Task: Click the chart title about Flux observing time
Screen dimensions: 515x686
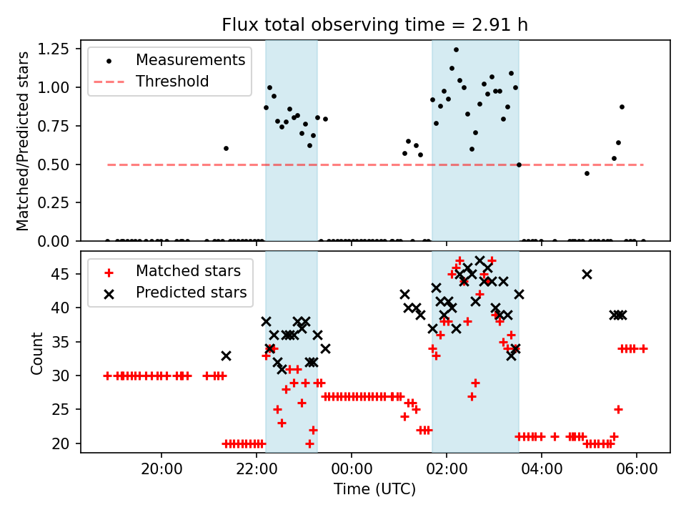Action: pos(375,25)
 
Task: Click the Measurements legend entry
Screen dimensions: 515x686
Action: pos(191,59)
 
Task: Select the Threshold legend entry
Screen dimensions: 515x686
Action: pos(172,82)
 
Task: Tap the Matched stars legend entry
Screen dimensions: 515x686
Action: pos(188,271)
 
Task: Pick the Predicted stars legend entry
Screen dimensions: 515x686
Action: pos(191,293)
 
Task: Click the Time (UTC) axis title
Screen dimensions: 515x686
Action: pos(375,490)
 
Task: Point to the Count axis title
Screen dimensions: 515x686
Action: pos(36,353)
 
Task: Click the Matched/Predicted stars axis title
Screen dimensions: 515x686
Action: pos(23,141)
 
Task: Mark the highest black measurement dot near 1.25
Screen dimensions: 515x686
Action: pos(456,49)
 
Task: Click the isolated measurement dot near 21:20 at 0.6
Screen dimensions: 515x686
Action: pos(226,148)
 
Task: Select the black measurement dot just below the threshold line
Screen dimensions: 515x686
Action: pos(587,173)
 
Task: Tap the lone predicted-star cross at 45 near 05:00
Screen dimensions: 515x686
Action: pos(587,274)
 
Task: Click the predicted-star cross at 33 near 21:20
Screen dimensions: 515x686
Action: pos(226,355)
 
